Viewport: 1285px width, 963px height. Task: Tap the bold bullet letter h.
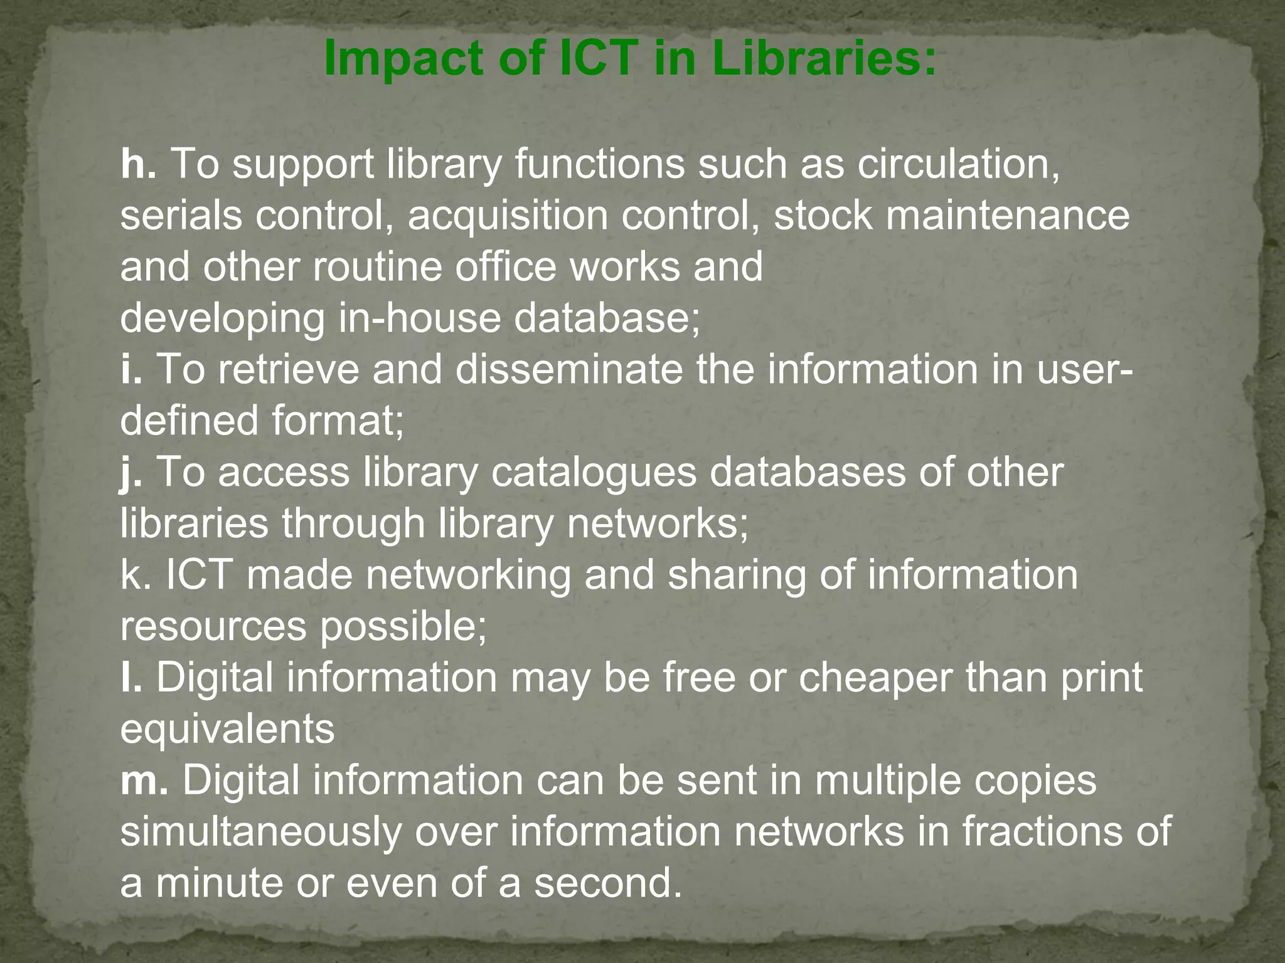(137, 164)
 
